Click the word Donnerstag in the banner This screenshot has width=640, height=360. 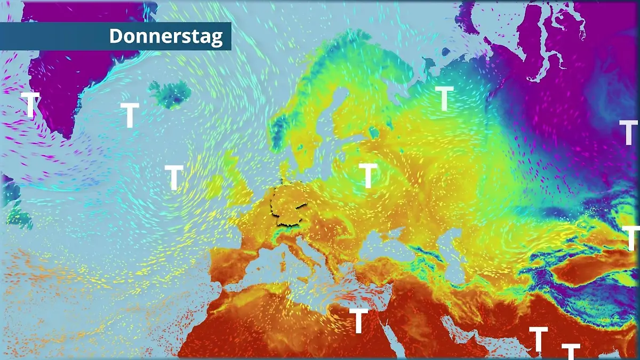pyautogui.click(x=166, y=36)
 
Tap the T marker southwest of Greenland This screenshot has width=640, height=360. pyautogui.click(x=31, y=104)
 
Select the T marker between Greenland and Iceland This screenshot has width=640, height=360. pyautogui.click(x=130, y=115)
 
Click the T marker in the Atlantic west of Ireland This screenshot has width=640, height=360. pyautogui.click(x=174, y=177)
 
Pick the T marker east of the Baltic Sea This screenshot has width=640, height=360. pyautogui.click(x=368, y=175)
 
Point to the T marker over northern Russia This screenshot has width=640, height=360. pyautogui.click(x=444, y=98)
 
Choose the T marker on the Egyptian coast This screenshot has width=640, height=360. pyautogui.click(x=359, y=320)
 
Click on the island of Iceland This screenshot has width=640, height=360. pyautogui.click(x=170, y=94)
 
